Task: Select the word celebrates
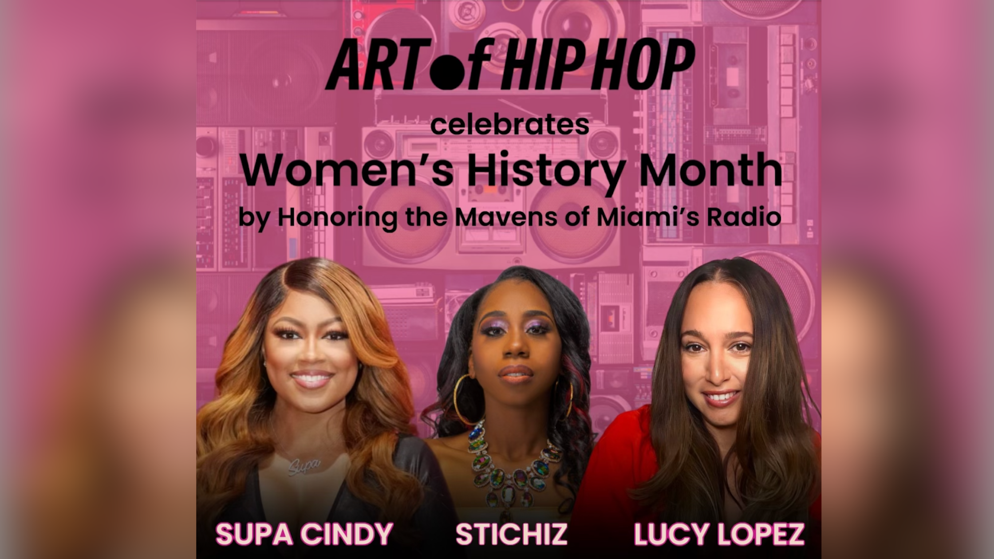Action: (x=509, y=125)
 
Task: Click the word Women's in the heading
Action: (x=348, y=170)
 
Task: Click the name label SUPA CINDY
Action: (x=304, y=534)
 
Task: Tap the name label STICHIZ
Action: (x=511, y=534)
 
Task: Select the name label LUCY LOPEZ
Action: (x=718, y=534)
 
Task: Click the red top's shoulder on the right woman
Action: (x=621, y=439)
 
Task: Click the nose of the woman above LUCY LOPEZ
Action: (x=715, y=370)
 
